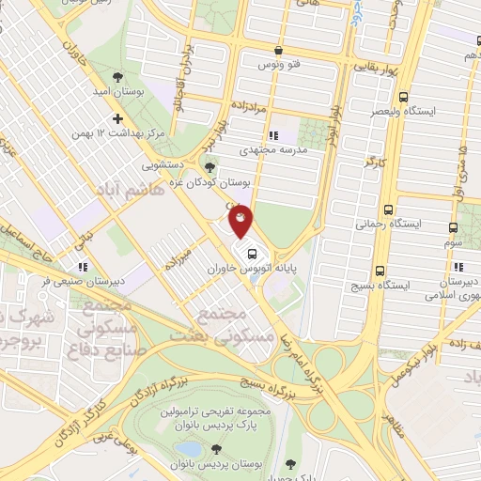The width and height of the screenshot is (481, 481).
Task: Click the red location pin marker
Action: pyautogui.click(x=240, y=222)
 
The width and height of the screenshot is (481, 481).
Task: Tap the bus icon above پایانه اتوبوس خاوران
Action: pyautogui.click(x=252, y=253)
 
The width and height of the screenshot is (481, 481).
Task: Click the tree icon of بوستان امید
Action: pyautogui.click(x=116, y=78)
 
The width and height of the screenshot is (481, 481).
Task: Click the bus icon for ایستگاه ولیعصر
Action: pyautogui.click(x=404, y=97)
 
